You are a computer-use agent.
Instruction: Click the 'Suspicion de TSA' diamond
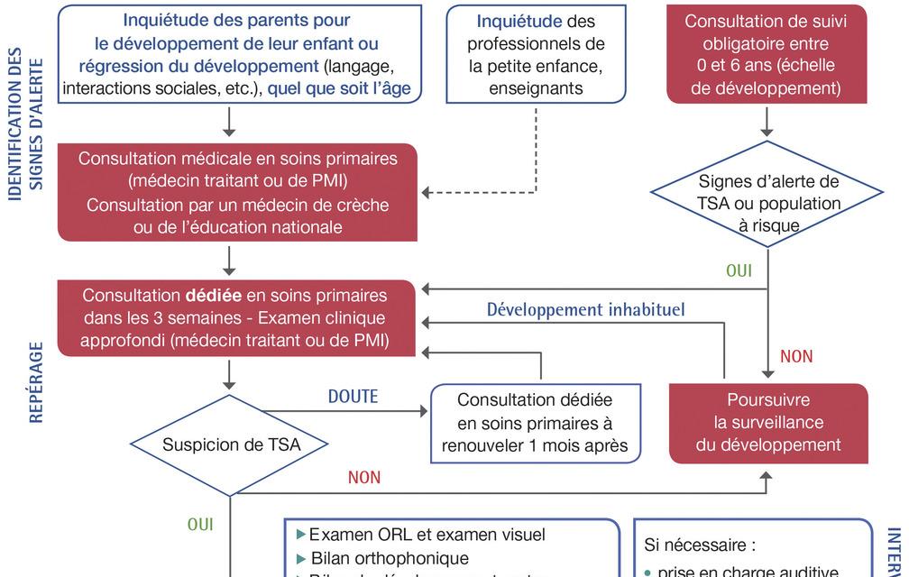[231, 444]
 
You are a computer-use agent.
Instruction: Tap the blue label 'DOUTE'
[353, 397]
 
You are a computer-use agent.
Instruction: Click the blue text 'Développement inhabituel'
[585, 310]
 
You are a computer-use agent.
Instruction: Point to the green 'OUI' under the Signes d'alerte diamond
[739, 270]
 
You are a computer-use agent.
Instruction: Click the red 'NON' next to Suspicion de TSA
[364, 478]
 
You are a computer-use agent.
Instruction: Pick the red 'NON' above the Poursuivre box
[796, 357]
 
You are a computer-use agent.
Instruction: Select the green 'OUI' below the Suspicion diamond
[200, 525]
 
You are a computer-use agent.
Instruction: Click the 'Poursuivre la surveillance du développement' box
[768, 422]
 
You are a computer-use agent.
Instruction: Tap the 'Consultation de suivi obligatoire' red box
[766, 53]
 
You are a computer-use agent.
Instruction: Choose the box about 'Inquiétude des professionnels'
[536, 53]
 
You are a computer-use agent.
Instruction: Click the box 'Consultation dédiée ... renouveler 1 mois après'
[535, 422]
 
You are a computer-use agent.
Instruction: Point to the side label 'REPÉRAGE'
[36, 381]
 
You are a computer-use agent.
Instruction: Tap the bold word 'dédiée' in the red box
[214, 295]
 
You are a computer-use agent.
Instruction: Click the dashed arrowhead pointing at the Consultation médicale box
[427, 193]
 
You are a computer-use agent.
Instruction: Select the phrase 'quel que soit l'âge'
[339, 88]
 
